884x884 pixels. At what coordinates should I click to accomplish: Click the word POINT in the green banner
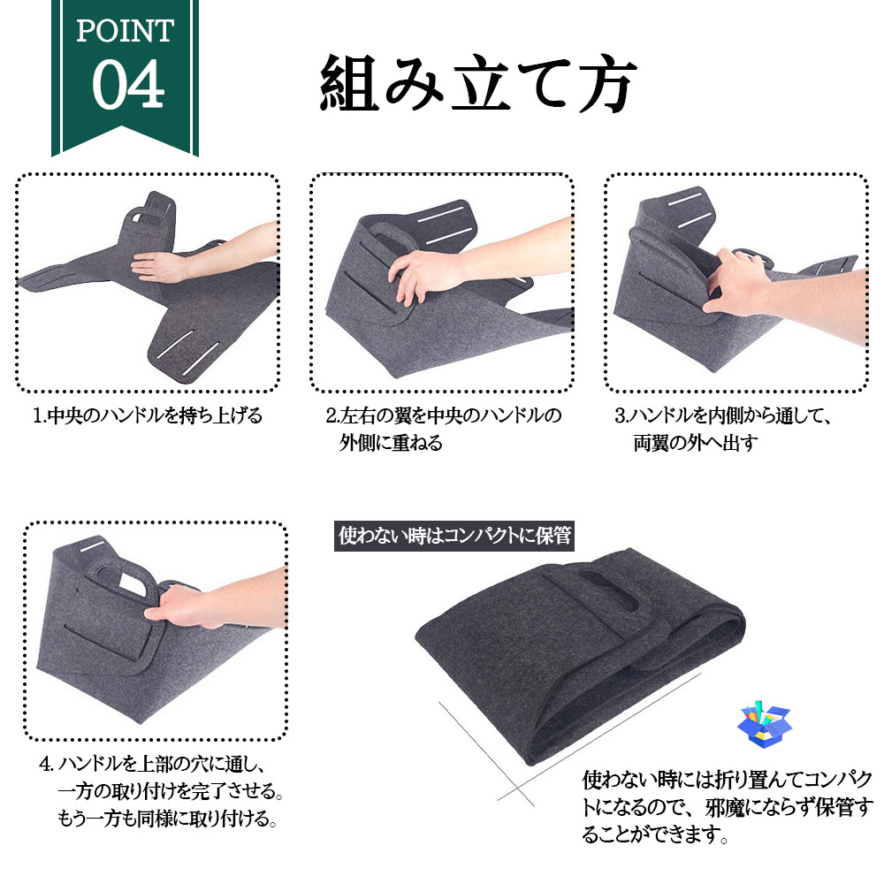point(125,30)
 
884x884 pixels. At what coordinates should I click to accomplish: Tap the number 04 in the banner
point(128,85)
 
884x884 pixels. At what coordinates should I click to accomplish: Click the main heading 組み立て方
point(478,83)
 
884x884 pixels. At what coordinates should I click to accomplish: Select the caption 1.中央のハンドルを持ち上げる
point(148,415)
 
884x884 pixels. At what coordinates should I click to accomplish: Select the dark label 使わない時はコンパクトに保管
point(454,536)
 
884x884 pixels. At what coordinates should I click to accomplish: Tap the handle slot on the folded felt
point(608,592)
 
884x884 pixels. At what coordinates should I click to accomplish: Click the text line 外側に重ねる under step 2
point(391,443)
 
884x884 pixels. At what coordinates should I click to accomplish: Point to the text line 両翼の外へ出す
point(695,443)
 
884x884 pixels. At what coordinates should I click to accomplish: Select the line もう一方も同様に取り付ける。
point(167,818)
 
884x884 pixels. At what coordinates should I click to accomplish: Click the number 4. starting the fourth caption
point(47,764)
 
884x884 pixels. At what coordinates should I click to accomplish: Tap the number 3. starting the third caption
point(621,416)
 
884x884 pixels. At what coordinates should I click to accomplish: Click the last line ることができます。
point(655,834)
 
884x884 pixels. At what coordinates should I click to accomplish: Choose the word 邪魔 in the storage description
point(725,807)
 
